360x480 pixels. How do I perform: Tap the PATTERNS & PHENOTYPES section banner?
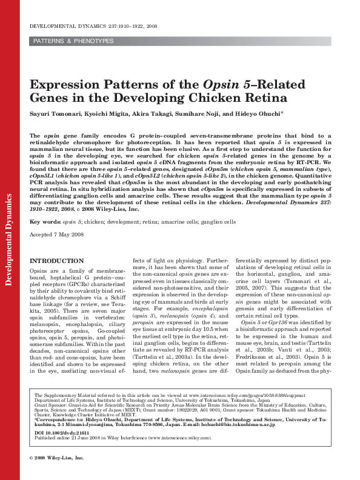(73, 41)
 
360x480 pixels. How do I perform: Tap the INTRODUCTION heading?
(57, 261)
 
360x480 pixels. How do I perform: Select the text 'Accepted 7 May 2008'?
(57, 235)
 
